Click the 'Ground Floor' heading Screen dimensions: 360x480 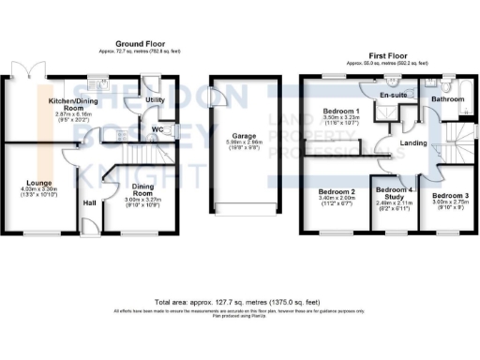(x=140, y=44)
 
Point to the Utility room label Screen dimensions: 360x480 (x=154, y=98)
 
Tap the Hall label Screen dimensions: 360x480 (x=90, y=202)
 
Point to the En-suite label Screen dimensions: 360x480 (x=394, y=96)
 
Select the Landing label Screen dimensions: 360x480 (x=412, y=143)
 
